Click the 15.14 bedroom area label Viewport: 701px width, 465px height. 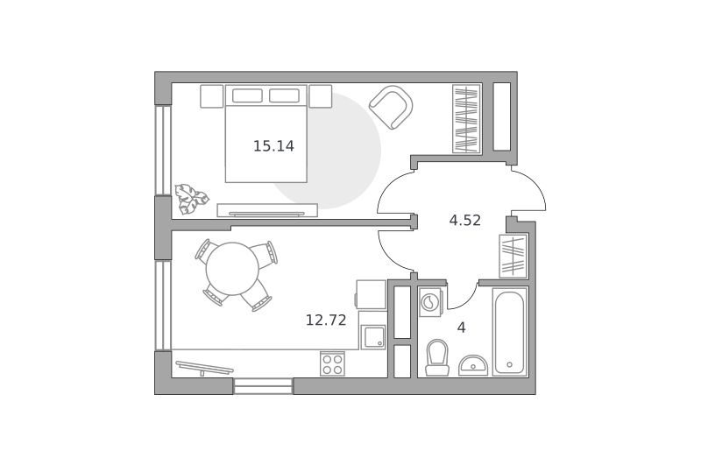(x=273, y=146)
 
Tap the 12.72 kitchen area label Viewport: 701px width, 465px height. (x=326, y=320)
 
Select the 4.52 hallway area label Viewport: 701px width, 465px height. (x=465, y=220)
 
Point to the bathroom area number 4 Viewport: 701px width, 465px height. (x=462, y=328)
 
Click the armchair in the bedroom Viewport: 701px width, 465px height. (x=391, y=107)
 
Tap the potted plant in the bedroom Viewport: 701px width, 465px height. (x=191, y=199)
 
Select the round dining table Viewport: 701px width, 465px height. (x=232, y=269)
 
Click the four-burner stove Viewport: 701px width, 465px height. (x=333, y=363)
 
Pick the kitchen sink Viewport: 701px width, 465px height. (x=373, y=337)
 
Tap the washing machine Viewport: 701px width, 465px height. (x=431, y=302)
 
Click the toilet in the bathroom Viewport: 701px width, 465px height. (x=436, y=357)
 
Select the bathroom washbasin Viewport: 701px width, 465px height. (x=473, y=365)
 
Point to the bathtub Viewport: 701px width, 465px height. (x=510, y=331)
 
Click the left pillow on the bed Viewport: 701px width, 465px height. (x=247, y=95)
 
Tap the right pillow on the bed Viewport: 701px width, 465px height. (x=284, y=95)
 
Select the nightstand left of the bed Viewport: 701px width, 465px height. (x=211, y=96)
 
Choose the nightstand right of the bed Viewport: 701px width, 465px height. (x=321, y=96)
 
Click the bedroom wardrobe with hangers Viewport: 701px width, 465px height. (x=466, y=119)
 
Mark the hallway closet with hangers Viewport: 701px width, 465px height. (x=513, y=256)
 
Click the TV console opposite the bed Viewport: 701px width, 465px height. (x=267, y=210)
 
